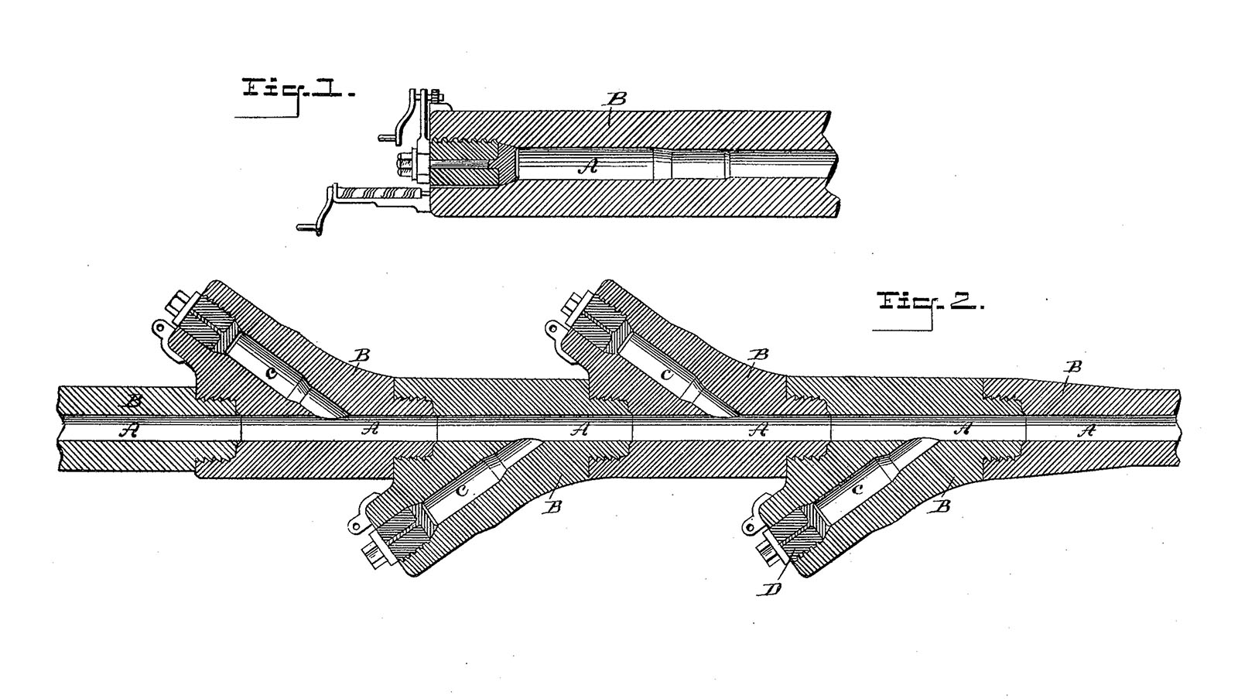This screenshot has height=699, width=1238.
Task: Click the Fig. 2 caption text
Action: click(932, 302)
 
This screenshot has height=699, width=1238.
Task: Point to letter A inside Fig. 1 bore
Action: click(587, 166)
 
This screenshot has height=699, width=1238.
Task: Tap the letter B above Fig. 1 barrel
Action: click(616, 100)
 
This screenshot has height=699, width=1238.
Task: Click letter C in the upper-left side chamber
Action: click(270, 373)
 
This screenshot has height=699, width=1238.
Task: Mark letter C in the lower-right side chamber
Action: click(857, 489)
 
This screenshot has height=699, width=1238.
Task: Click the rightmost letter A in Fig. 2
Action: click(1086, 430)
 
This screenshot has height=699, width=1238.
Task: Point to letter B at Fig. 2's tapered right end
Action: click(1073, 367)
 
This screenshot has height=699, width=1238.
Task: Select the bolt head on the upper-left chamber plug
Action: click(179, 307)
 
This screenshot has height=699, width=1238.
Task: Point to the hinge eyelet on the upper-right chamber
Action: click(552, 328)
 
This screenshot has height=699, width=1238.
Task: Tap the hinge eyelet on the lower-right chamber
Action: click(750, 526)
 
